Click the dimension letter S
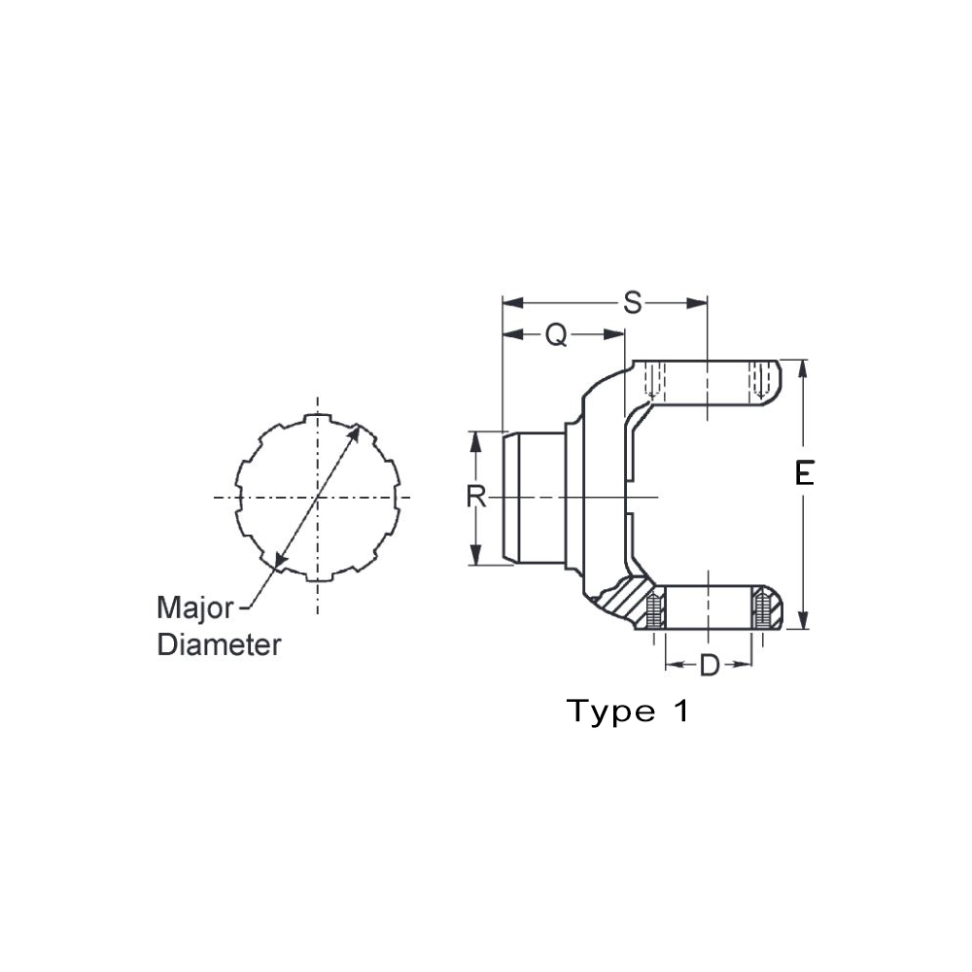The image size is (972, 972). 633,303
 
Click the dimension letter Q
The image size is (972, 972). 555,334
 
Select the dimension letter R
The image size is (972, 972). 475,497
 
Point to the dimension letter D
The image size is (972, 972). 710,666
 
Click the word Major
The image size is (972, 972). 194,609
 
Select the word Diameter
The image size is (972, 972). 220,644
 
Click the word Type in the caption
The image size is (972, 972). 611,712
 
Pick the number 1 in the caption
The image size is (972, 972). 679,712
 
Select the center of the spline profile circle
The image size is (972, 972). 317,498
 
